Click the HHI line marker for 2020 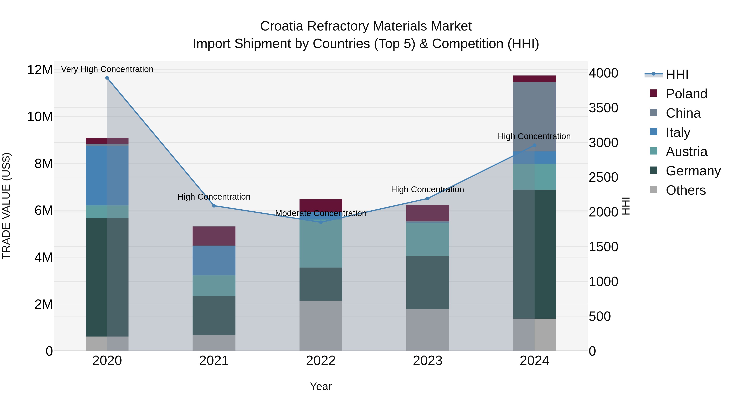tap(107, 78)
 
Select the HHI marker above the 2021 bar tap(214, 205)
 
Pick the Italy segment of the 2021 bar tap(214, 260)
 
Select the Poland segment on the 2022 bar tap(321, 205)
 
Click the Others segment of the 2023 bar tap(427, 330)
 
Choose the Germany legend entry tap(693, 171)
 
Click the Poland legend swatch tap(654, 93)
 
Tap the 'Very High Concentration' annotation tap(107, 69)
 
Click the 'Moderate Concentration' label tap(321, 213)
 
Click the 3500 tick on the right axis tap(603, 108)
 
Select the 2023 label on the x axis tap(427, 361)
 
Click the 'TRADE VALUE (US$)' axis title tap(6, 206)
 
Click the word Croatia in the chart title tap(282, 26)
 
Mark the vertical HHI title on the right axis tap(626, 206)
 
